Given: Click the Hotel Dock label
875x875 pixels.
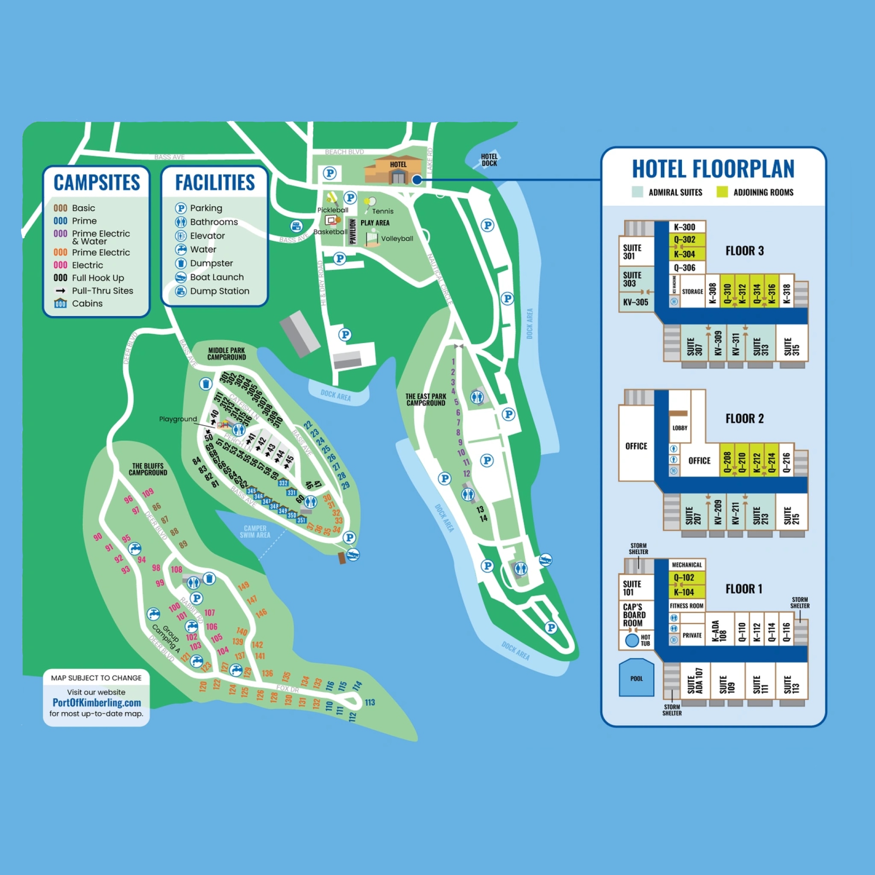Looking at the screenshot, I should [489, 160].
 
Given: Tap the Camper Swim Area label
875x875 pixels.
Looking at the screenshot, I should [255, 531].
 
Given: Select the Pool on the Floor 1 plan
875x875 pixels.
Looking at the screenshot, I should [636, 678].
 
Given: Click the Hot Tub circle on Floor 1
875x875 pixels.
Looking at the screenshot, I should [632, 640].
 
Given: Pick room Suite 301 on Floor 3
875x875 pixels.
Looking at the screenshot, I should [632, 252].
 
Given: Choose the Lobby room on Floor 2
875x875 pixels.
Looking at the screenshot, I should [679, 428].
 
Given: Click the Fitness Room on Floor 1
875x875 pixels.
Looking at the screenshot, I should [687, 605].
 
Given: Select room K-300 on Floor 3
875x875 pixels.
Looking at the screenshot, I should [684, 227].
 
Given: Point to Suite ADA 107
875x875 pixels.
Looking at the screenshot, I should [695, 680].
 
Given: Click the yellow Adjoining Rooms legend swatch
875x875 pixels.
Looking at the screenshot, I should [722, 192].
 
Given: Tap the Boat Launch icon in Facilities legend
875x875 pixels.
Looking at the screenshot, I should [181, 277].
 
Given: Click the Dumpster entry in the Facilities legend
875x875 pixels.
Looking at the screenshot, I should [211, 263].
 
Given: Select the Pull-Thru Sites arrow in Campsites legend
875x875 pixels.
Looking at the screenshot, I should [60, 291].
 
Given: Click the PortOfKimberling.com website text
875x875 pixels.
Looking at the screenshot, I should [97, 702].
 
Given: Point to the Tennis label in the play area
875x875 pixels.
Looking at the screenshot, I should [383, 211].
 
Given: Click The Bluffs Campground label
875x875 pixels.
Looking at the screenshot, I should [148, 469].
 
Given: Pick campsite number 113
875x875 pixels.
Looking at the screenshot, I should [370, 702].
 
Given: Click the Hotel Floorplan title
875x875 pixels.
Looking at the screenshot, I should [713, 169].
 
